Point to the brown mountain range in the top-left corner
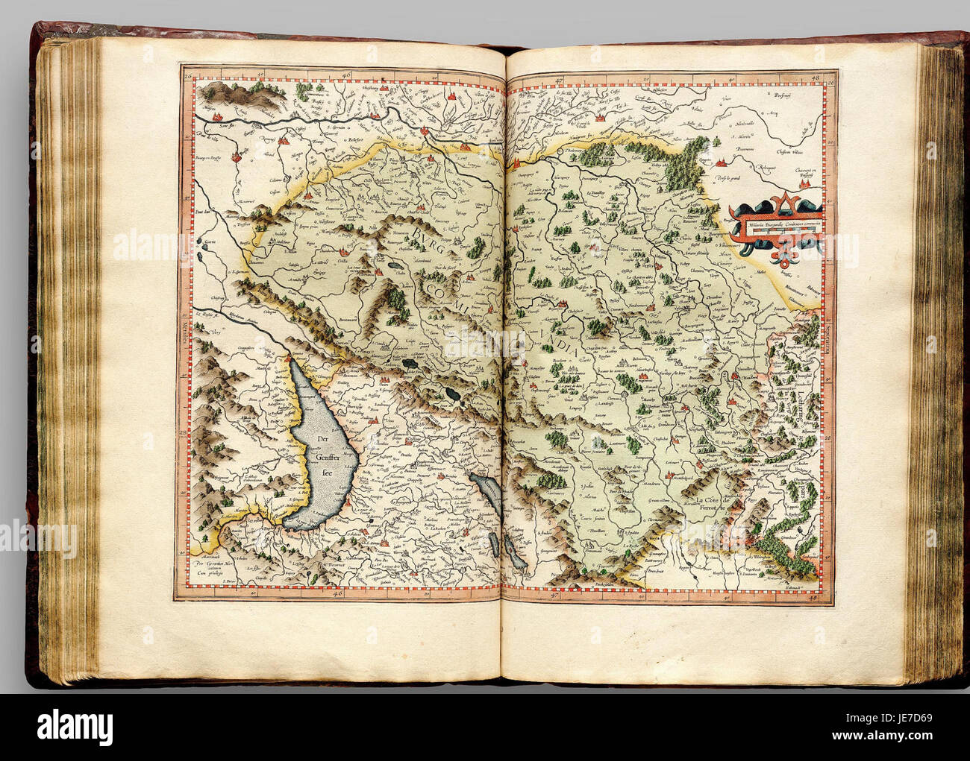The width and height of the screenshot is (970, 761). [224, 94]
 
